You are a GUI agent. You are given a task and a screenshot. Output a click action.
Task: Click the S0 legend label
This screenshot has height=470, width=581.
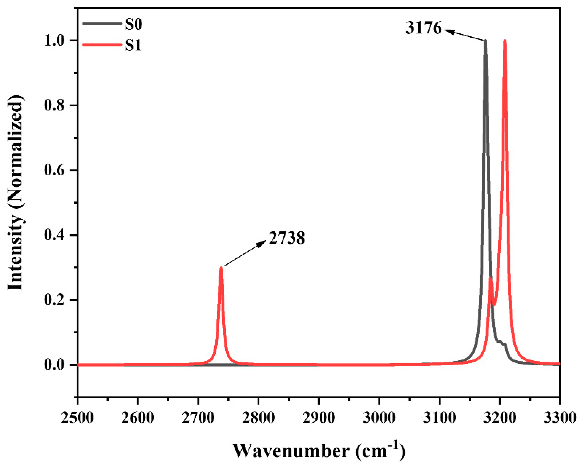133,24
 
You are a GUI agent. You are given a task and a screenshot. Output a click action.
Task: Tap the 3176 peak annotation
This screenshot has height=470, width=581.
423,28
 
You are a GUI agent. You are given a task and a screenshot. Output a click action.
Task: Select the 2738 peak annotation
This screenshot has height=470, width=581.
287,238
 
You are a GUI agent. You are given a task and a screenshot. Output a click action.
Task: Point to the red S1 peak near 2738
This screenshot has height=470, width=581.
221,268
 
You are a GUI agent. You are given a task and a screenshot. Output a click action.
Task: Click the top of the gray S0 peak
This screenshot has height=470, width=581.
485,41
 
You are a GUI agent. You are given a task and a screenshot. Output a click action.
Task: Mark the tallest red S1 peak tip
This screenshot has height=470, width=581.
505,41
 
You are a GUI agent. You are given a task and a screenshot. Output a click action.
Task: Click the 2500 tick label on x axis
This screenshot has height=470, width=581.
78,417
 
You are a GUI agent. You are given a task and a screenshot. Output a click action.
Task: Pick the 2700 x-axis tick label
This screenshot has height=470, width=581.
198,417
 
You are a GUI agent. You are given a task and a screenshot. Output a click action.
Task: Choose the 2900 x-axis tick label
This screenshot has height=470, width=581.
319,417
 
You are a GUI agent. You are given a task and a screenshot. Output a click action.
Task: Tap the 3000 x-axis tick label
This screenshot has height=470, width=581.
379,417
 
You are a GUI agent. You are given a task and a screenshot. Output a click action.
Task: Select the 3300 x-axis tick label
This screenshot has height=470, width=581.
559,417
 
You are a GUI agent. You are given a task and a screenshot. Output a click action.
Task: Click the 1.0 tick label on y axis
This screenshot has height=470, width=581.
54,41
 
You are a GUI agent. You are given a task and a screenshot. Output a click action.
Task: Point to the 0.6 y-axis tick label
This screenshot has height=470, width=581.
54,170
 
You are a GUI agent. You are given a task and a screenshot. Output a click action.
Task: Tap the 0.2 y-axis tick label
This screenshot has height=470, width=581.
54,300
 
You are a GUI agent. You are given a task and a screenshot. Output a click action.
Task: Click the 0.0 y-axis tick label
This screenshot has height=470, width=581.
54,365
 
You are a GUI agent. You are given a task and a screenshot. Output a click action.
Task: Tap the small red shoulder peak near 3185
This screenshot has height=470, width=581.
490,278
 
